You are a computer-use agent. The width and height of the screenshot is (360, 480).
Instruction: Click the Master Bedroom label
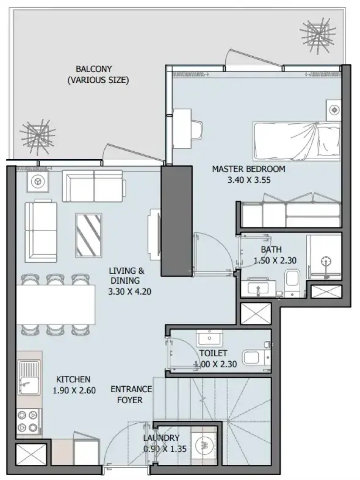(249, 169)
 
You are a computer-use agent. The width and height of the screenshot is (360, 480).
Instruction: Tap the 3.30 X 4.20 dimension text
(130, 291)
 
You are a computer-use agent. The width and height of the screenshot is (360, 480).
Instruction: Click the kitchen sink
(29, 378)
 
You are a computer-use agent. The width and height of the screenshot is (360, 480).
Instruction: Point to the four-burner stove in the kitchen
(29, 421)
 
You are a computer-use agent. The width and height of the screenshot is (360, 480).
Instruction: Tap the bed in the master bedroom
(296, 141)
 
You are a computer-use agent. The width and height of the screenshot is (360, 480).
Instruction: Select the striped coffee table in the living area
(89, 236)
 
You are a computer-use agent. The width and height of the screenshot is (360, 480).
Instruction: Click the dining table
(56, 305)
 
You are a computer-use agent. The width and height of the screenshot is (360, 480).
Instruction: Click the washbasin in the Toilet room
(209, 338)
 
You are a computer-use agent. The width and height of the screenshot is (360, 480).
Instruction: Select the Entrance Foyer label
(131, 394)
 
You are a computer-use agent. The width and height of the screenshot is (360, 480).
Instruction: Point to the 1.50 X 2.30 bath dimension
(275, 261)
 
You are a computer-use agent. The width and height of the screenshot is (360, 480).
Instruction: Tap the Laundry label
(161, 438)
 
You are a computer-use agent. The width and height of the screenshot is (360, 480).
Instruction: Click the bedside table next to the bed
(333, 110)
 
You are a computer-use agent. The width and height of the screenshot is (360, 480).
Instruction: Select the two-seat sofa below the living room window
(94, 186)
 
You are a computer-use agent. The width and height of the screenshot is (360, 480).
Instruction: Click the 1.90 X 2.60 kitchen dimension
(74, 390)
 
